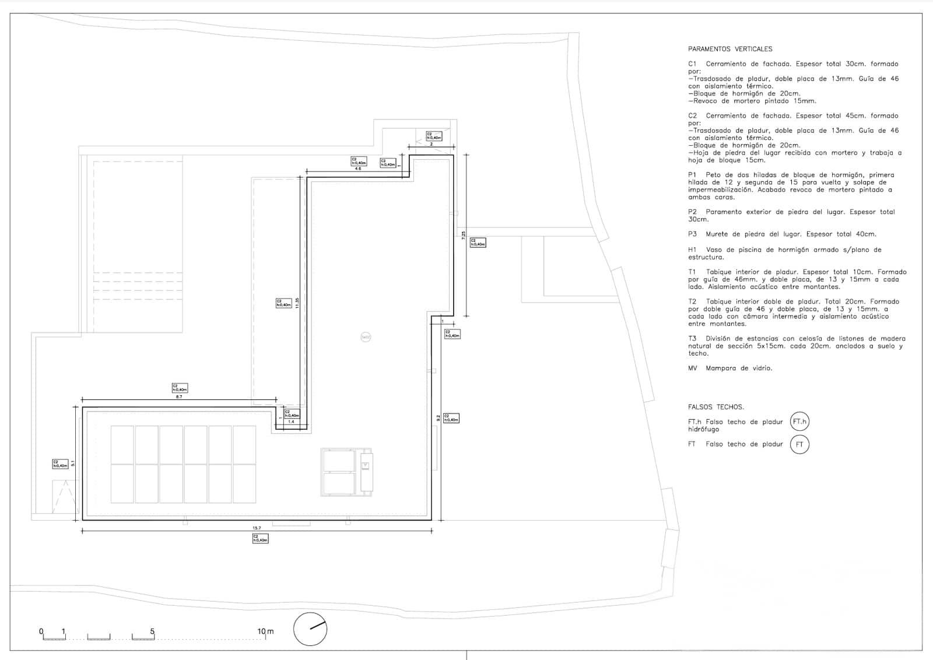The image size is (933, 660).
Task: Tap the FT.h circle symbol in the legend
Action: [x=799, y=422]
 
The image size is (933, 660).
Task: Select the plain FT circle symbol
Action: [x=799, y=444]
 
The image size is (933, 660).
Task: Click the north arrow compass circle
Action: [x=310, y=629]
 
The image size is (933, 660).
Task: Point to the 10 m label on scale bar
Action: [x=265, y=631]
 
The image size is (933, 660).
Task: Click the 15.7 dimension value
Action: [x=257, y=528]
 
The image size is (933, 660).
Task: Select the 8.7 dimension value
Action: [x=179, y=396]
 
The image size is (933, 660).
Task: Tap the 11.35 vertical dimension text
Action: [x=297, y=303]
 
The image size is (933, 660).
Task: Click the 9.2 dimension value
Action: [x=439, y=418]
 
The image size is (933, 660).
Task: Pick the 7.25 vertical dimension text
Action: [x=464, y=236]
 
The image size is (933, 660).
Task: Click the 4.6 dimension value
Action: [x=359, y=169]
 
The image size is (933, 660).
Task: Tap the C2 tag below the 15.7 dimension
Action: [x=260, y=539]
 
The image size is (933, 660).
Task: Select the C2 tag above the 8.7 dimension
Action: [x=180, y=388]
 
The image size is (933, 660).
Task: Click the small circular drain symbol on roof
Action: [x=366, y=337]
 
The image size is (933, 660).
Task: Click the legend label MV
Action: [x=693, y=368]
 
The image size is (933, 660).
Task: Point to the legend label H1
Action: [x=693, y=250]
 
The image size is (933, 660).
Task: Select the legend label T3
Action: [x=693, y=339]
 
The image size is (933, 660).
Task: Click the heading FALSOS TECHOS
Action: [x=715, y=407]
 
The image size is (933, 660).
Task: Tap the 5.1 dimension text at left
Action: [x=73, y=464]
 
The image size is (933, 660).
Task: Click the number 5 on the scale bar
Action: [x=152, y=631]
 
